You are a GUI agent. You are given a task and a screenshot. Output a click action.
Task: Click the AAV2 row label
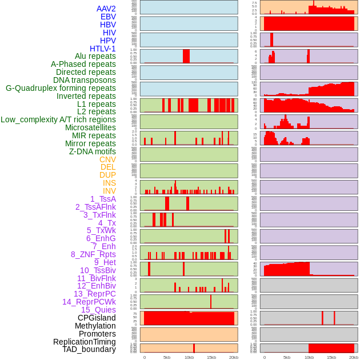click(x=106, y=9)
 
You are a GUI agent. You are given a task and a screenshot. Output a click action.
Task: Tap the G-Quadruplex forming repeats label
click(x=61, y=88)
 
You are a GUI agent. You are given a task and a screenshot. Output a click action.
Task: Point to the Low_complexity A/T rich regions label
click(x=58, y=119)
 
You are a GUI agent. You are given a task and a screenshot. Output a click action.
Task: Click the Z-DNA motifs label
click(x=92, y=151)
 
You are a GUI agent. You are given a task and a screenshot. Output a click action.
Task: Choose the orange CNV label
click(x=107, y=159)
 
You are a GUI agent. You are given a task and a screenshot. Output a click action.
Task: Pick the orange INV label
click(x=109, y=191)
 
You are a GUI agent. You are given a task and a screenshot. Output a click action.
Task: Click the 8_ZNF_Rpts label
click(x=93, y=254)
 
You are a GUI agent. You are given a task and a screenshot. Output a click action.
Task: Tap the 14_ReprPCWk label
click(x=89, y=302)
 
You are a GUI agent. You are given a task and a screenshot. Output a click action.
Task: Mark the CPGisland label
click(x=97, y=318)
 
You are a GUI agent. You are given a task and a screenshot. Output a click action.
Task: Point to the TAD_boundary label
click(x=89, y=349)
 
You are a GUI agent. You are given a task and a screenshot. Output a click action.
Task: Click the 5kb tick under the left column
click(x=167, y=357)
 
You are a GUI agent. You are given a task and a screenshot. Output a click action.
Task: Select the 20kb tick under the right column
click(x=353, y=357)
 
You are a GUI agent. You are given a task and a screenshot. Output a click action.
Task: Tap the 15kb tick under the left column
click(x=211, y=357)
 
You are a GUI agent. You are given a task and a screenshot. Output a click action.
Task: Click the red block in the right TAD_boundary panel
click(x=331, y=348)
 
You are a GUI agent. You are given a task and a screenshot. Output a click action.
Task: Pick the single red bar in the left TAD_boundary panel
click(x=194, y=348)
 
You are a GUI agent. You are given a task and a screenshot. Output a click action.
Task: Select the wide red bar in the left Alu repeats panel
click(x=186, y=56)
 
